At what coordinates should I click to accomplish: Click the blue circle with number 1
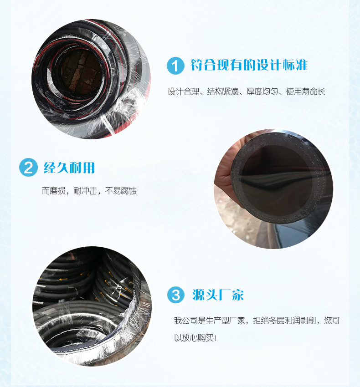(x=175, y=66)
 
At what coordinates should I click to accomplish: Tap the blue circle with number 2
(x=28, y=168)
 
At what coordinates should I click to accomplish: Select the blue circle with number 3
(x=176, y=295)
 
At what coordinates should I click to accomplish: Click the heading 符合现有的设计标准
(x=249, y=65)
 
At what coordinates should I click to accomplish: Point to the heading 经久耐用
(x=69, y=168)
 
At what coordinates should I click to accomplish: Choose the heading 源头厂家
(x=218, y=295)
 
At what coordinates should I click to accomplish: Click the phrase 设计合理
(x=183, y=92)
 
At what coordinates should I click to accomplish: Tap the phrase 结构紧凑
(x=223, y=92)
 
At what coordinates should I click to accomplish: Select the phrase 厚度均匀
(x=262, y=92)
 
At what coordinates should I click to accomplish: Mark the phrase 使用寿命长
(x=306, y=92)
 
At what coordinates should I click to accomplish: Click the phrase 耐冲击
(x=85, y=191)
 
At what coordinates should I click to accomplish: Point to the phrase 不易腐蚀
(x=121, y=191)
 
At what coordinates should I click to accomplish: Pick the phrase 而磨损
(x=54, y=191)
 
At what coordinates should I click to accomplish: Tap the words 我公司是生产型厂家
(x=210, y=321)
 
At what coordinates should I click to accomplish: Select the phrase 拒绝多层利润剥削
(x=285, y=321)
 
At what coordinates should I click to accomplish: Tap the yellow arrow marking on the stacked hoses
(x=63, y=280)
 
